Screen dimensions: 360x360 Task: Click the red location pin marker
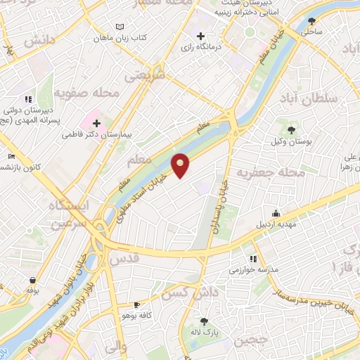[x=181, y=165]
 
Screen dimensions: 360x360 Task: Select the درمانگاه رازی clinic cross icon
[x=201, y=36]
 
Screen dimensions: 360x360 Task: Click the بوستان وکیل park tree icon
[x=290, y=130]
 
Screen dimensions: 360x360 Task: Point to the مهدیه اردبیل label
[x=276, y=224]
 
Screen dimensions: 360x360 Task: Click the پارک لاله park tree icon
[x=205, y=321]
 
